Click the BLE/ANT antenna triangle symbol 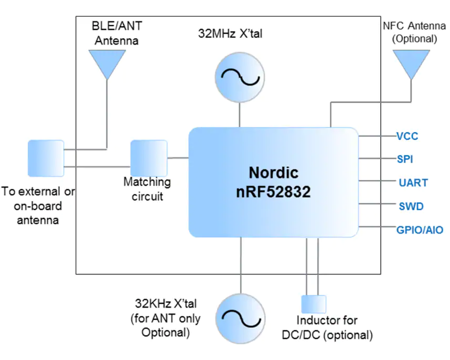[108, 62]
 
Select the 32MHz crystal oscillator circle [240, 78]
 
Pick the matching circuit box [149, 158]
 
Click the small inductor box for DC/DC [314, 304]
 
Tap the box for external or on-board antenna [46, 158]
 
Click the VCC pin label [407, 136]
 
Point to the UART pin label [413, 183]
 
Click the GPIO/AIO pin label [420, 229]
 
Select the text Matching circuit [147, 189]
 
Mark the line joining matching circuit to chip [178, 157]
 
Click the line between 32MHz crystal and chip [240, 114]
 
